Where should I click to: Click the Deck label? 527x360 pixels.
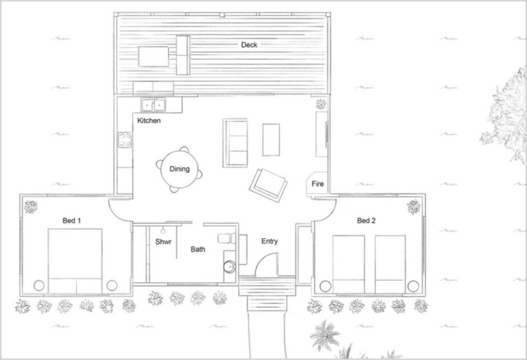coord(249,45)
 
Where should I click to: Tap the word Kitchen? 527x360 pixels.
coord(149,121)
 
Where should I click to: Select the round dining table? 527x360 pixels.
coord(180,169)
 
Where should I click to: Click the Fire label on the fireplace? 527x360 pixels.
coord(318,184)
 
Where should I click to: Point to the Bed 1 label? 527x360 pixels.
coord(72,221)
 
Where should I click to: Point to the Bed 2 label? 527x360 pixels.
coord(366,221)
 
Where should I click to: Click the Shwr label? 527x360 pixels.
coord(163,242)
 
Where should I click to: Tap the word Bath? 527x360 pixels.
coord(198,249)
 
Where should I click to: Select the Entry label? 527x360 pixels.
coord(270,241)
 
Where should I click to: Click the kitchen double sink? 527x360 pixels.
coord(153,105)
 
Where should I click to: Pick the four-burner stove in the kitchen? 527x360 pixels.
coord(125,140)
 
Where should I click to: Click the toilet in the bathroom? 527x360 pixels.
coord(227,238)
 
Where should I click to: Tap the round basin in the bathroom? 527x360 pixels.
coord(230,267)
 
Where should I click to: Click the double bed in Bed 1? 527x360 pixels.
coord(75,261)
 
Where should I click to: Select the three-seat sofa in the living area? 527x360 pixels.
coord(235,143)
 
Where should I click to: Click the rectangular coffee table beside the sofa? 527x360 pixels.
coord(271,140)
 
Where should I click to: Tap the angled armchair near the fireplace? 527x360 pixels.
coord(268,185)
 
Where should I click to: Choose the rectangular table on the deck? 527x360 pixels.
coord(153,57)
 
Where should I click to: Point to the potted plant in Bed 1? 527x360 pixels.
coord(30,207)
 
